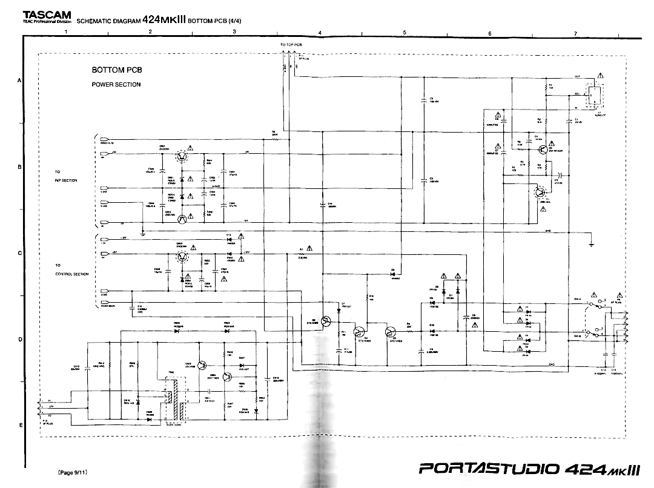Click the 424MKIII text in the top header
click(164, 18)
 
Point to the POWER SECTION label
click(116, 85)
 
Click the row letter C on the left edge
click(20, 253)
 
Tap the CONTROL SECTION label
click(72, 274)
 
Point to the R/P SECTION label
click(66, 180)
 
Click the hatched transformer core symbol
click(174, 400)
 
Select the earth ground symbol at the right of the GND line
click(592, 243)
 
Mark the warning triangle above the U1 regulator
click(599, 75)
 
